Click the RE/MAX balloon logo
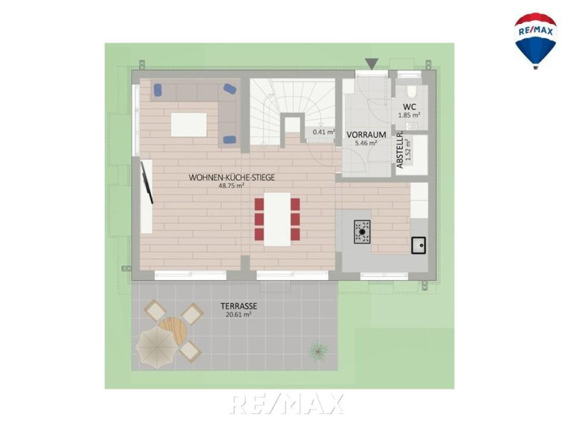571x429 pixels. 535,41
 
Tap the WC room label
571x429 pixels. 409,107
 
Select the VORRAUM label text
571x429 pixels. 366,135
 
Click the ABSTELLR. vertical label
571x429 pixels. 400,150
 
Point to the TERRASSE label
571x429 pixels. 238,306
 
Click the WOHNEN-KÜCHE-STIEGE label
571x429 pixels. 232,178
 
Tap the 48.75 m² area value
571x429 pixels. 231,185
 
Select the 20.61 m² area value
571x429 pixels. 238,315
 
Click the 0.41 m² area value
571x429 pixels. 324,132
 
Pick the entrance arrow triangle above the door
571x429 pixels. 371,64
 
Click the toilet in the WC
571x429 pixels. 412,91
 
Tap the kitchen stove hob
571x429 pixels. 363,232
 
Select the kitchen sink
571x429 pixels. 419,245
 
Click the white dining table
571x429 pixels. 277,219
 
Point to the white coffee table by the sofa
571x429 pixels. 188,125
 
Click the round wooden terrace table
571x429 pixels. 173,331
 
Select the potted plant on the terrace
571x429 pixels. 319,351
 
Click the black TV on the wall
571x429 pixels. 147,182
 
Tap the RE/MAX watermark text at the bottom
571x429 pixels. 287,404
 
